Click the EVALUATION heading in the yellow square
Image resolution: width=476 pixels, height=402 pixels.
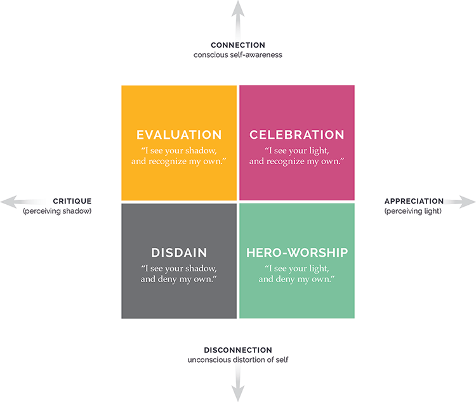(x=179, y=135)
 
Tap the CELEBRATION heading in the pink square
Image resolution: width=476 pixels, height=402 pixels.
(x=296, y=135)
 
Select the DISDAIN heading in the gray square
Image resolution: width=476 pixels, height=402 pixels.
(x=179, y=252)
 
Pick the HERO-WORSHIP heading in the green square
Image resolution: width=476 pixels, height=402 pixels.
(x=296, y=252)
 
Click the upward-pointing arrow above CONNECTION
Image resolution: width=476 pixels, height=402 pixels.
(x=238, y=16)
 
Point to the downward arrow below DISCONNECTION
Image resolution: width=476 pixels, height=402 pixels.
(x=238, y=384)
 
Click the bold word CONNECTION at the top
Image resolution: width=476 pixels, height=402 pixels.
(x=238, y=45)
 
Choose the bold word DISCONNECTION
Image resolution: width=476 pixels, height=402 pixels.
(x=238, y=350)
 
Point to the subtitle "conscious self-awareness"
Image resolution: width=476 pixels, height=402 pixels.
(x=238, y=55)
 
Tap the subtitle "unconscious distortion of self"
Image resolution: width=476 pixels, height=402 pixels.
(x=238, y=360)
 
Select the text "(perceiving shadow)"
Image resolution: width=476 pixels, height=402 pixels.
(x=57, y=211)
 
